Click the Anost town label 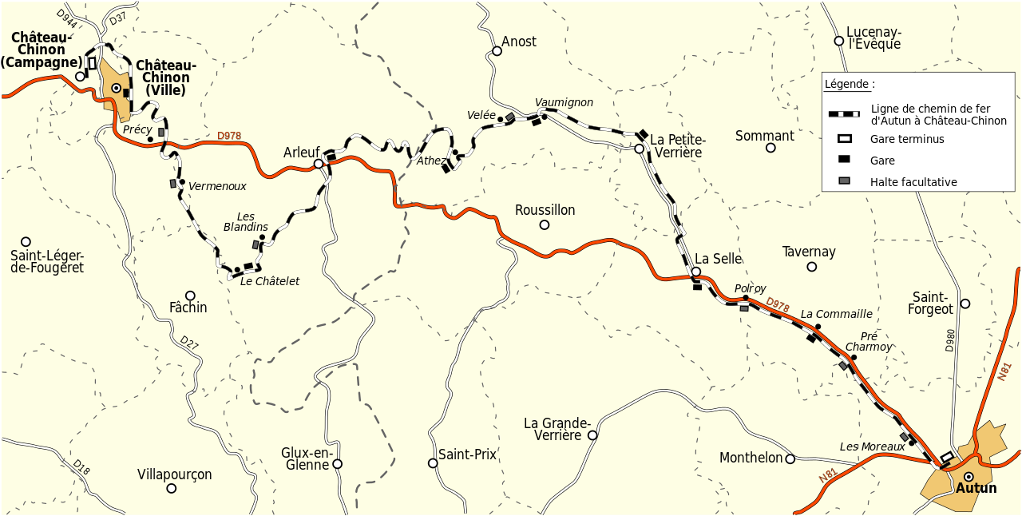tap(519, 42)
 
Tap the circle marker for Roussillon tap(545, 224)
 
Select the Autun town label tap(976, 488)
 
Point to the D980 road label tap(949, 340)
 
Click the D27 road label tap(188, 343)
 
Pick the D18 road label tap(81, 467)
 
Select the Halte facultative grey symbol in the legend tap(844, 181)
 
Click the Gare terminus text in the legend tap(907, 139)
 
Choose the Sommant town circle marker tap(770, 148)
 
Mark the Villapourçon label tap(174, 474)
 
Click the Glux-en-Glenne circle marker tap(337, 463)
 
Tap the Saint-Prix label tap(467, 454)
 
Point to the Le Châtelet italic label tap(270, 281)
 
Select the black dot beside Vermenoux tap(182, 182)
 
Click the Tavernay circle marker tap(812, 267)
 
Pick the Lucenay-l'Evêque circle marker tap(839, 41)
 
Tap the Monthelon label tap(751, 458)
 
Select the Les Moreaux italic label tap(872, 447)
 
